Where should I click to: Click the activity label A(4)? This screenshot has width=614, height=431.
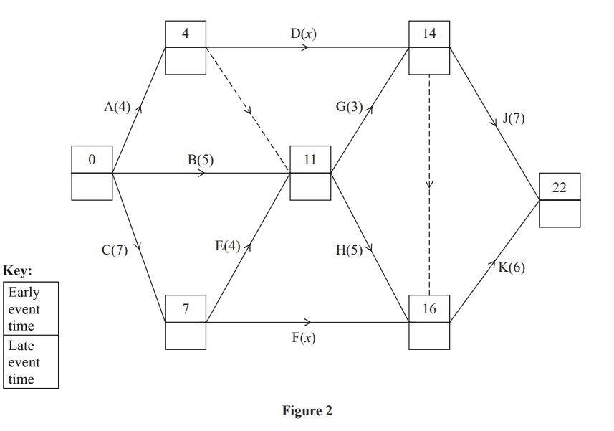(117, 108)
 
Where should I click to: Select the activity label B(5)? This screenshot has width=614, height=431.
(201, 160)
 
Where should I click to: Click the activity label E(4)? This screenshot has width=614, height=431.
(228, 246)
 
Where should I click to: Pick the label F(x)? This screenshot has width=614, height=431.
(303, 338)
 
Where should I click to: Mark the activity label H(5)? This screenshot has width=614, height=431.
(349, 250)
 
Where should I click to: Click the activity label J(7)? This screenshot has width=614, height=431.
(513, 118)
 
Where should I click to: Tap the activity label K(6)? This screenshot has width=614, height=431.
(512, 267)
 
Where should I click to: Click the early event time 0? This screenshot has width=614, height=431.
(92, 159)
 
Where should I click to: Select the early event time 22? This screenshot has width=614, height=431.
(560, 187)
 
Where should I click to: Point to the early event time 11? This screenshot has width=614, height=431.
(310, 159)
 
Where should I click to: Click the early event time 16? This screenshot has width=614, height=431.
(429, 308)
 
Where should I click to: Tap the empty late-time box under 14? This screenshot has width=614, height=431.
(429, 60)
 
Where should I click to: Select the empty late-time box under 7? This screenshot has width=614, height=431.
(186, 336)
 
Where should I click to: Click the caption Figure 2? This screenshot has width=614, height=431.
(307, 411)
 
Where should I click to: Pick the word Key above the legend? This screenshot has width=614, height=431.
(18, 271)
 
